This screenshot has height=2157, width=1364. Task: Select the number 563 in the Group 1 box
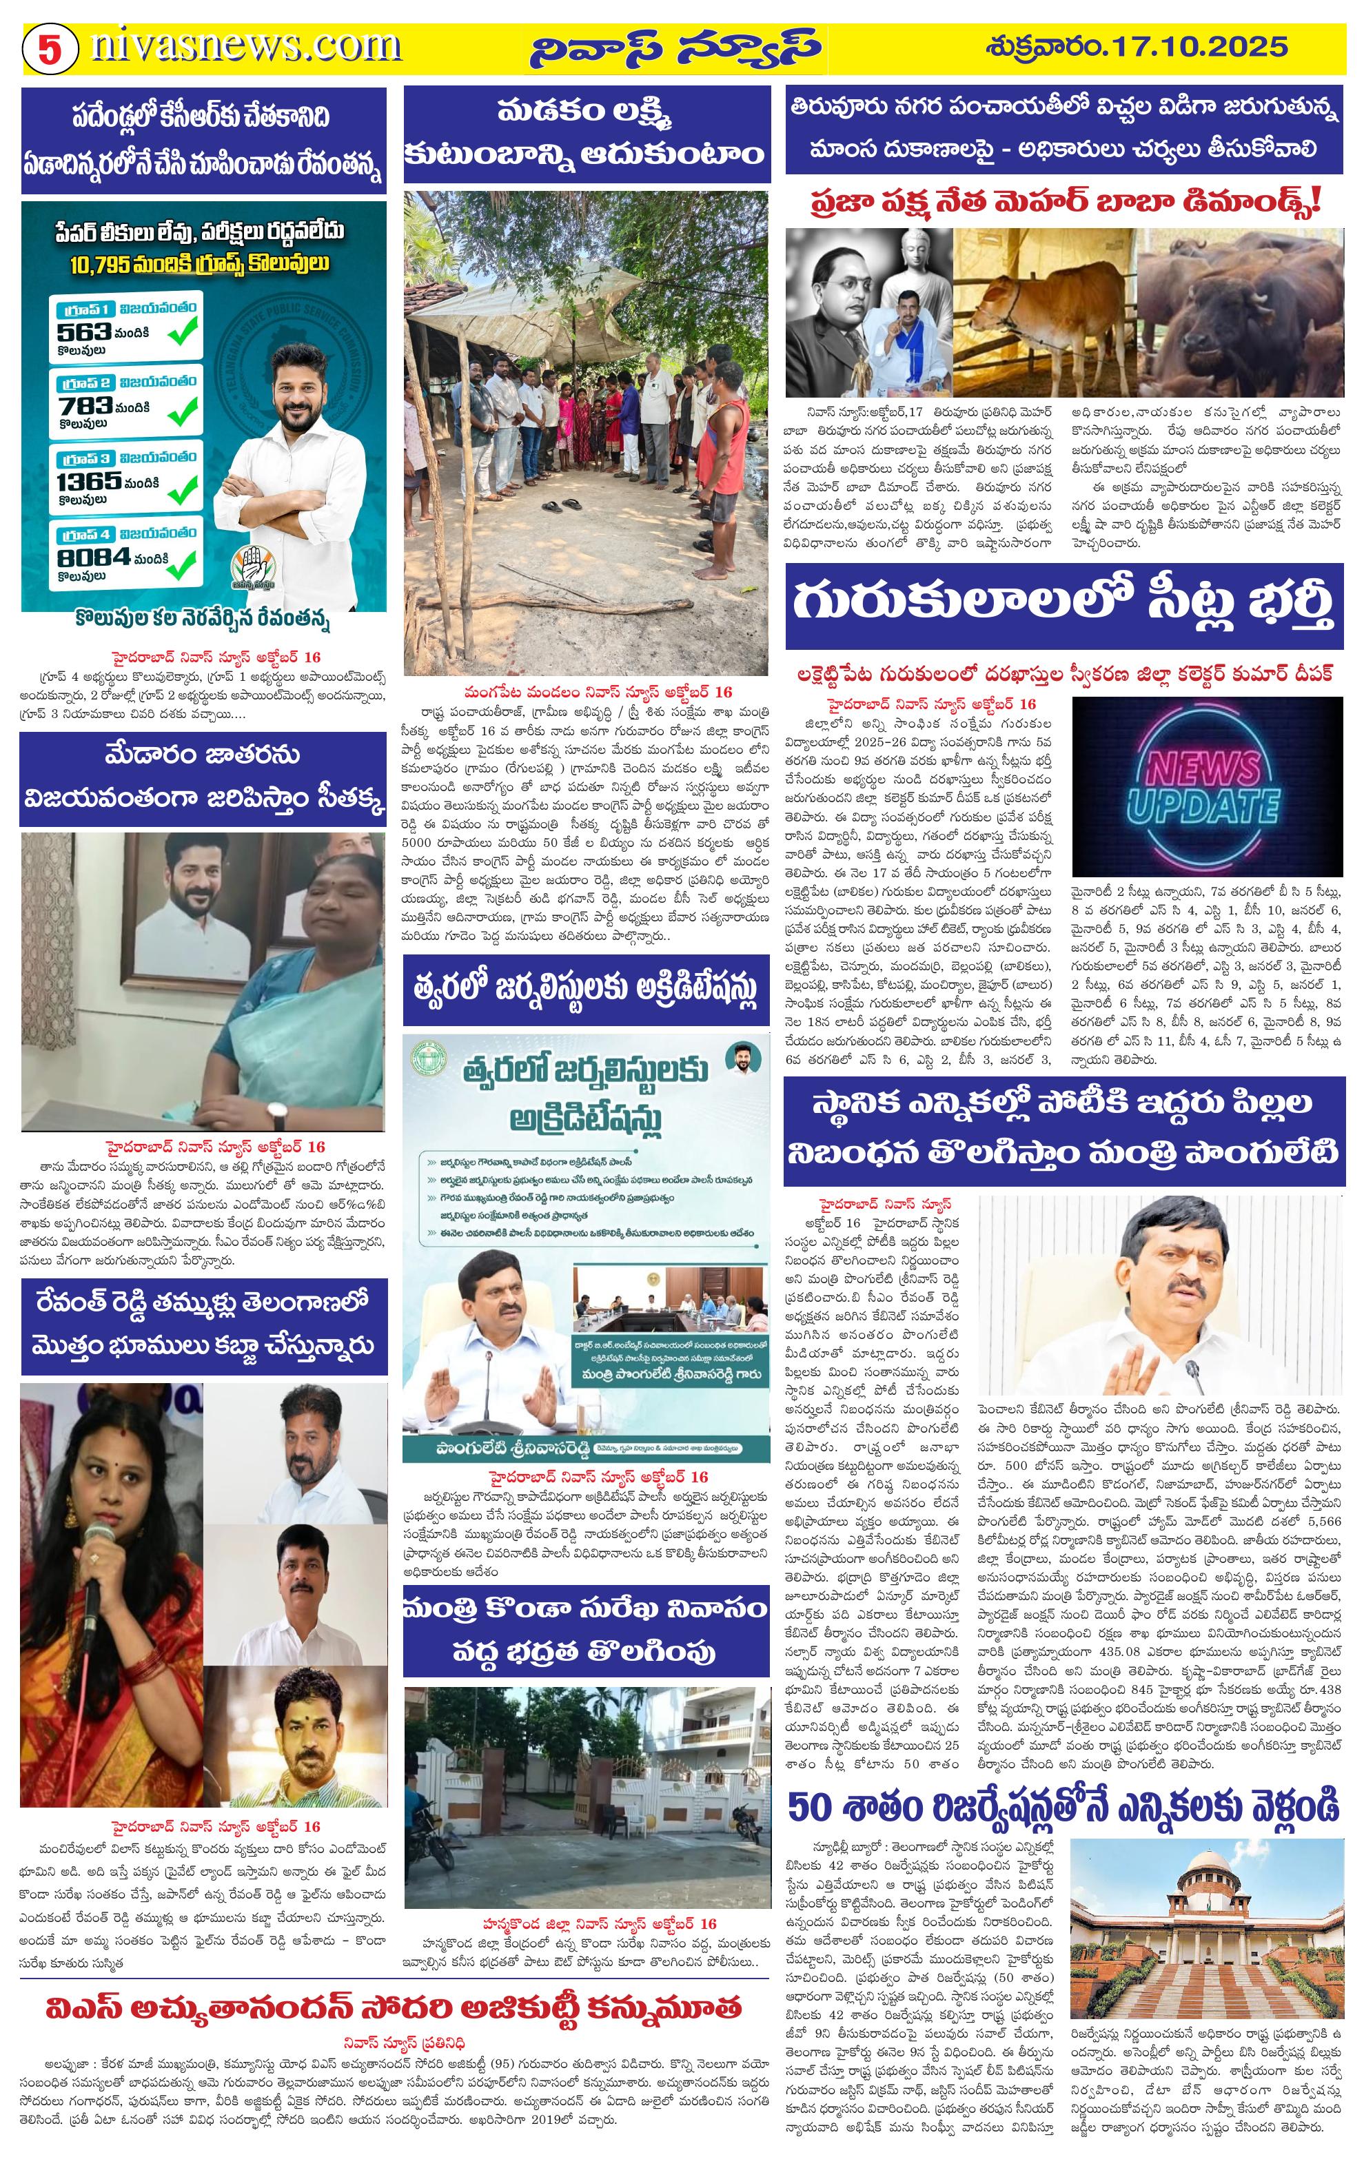coord(83,331)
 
